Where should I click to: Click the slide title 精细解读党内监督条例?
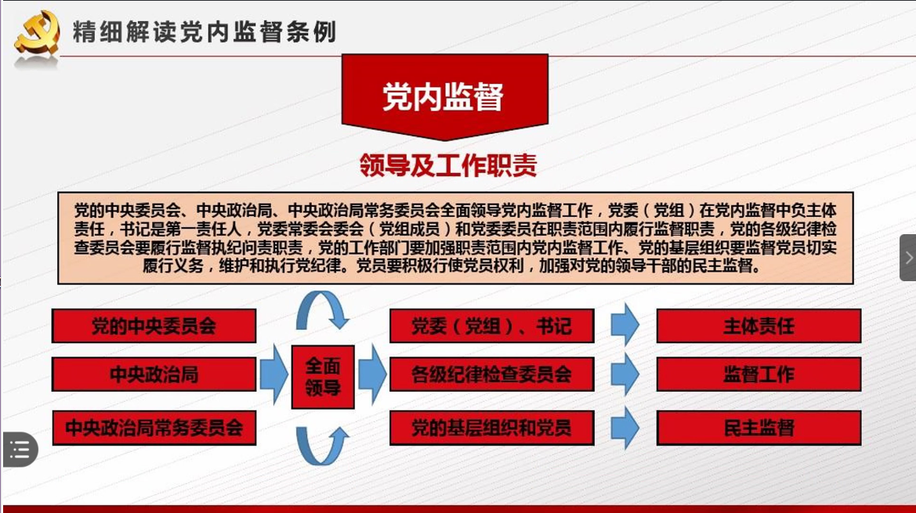(205, 31)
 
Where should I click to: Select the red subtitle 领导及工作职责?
(448, 166)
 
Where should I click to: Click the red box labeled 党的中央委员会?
(154, 326)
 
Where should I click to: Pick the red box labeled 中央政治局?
(154, 374)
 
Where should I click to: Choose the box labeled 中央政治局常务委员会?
(154, 428)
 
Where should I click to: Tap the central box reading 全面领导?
(323, 377)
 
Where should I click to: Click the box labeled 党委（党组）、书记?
(492, 326)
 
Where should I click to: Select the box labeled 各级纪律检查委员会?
(492, 374)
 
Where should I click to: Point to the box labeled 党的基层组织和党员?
(492, 428)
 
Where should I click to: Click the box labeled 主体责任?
(759, 326)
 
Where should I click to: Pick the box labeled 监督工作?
(759, 374)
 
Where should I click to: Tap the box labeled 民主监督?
(759, 428)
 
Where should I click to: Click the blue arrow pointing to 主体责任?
(625, 324)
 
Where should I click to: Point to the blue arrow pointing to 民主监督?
(625, 428)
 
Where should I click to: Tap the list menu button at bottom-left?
(20, 450)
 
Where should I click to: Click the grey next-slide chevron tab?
(908, 258)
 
